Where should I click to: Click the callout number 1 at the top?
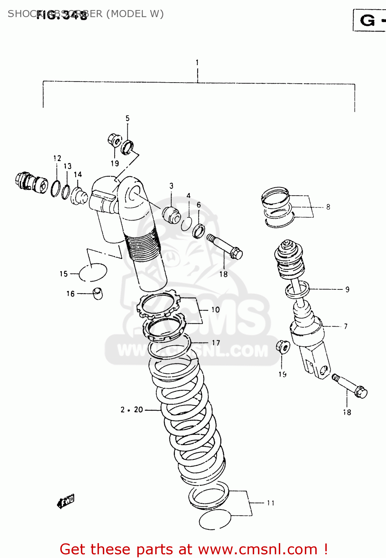pyautogui.click(x=197, y=62)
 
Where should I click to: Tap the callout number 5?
pyautogui.click(x=127, y=118)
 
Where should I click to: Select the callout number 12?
pyautogui.click(x=57, y=158)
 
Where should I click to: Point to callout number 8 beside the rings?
pyautogui.click(x=328, y=207)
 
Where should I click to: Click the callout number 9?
pyautogui.click(x=347, y=289)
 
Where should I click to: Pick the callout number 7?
pyautogui.click(x=345, y=326)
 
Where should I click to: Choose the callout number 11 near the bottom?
pyautogui.click(x=271, y=503)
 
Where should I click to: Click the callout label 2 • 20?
pyautogui.click(x=132, y=410)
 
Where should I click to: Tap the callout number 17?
pyautogui.click(x=216, y=343)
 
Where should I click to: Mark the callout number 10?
pyautogui.click(x=216, y=310)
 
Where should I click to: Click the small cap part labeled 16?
pyautogui.click(x=98, y=293)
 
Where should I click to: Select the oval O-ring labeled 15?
pyautogui.click(x=93, y=272)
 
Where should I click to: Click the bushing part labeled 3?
pyautogui.click(x=171, y=215)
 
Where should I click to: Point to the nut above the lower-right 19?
pyautogui.click(x=283, y=347)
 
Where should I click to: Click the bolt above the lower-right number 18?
pyautogui.click(x=350, y=386)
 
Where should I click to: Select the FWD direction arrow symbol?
pyautogui.click(x=66, y=501)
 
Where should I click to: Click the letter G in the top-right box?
pyautogui.click(x=367, y=20)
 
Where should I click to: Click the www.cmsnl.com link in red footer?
pyautogui.click(x=258, y=549)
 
